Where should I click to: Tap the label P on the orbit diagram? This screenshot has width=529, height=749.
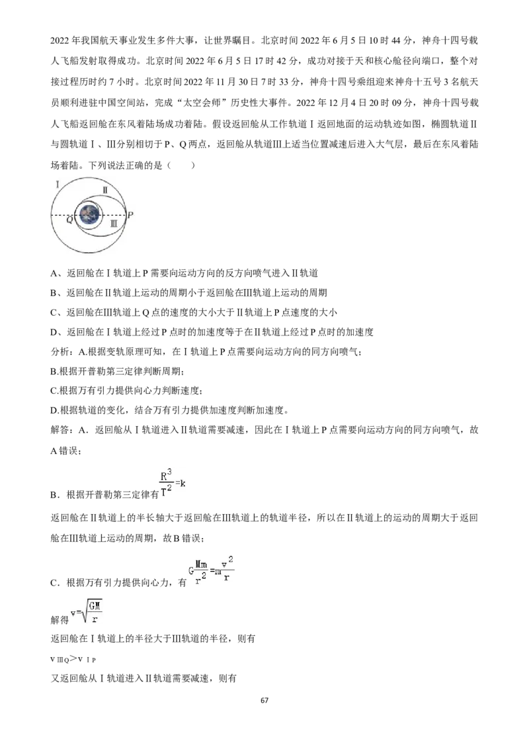click(130, 215)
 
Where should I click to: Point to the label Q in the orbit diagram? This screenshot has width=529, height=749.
click(69, 220)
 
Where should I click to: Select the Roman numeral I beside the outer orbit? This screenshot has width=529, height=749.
click(58, 185)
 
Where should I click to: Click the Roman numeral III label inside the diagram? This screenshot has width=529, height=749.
click(114, 223)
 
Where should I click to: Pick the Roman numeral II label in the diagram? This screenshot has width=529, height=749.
click(105, 190)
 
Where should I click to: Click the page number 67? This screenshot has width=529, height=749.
click(264, 700)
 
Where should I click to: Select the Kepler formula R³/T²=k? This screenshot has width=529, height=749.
click(173, 483)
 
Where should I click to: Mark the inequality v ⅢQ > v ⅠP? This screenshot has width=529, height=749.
click(73, 659)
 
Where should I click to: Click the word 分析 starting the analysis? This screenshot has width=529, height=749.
click(60, 351)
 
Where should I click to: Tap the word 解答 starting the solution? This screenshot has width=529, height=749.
click(60, 430)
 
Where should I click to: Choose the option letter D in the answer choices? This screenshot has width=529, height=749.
click(54, 332)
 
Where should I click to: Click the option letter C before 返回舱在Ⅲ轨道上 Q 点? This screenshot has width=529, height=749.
click(54, 312)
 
